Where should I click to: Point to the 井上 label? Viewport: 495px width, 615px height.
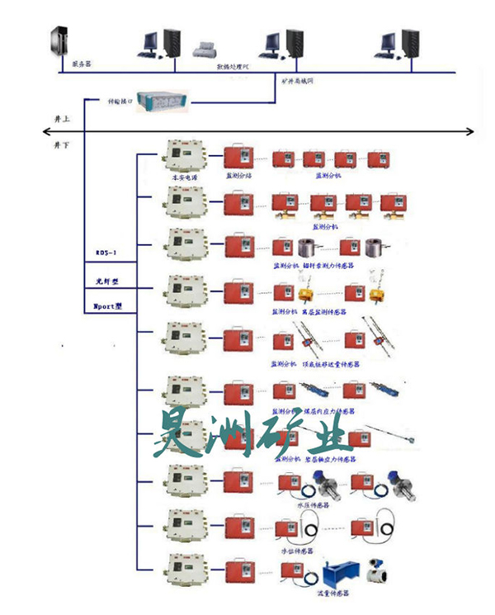pyautogui.click(x=60, y=119)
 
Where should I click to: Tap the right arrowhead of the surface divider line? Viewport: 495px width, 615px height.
pyautogui.click(x=471, y=131)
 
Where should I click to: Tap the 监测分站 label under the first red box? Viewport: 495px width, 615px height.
pyautogui.click(x=239, y=177)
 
